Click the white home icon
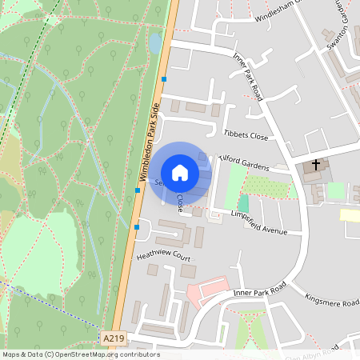coord(180,172)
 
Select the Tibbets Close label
coord(246,136)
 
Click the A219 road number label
coord(114,339)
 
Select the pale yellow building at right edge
coord(350,214)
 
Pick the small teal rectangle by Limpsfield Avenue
coord(243,204)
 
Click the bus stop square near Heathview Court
coord(138,227)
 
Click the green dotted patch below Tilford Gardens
coord(264,186)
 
